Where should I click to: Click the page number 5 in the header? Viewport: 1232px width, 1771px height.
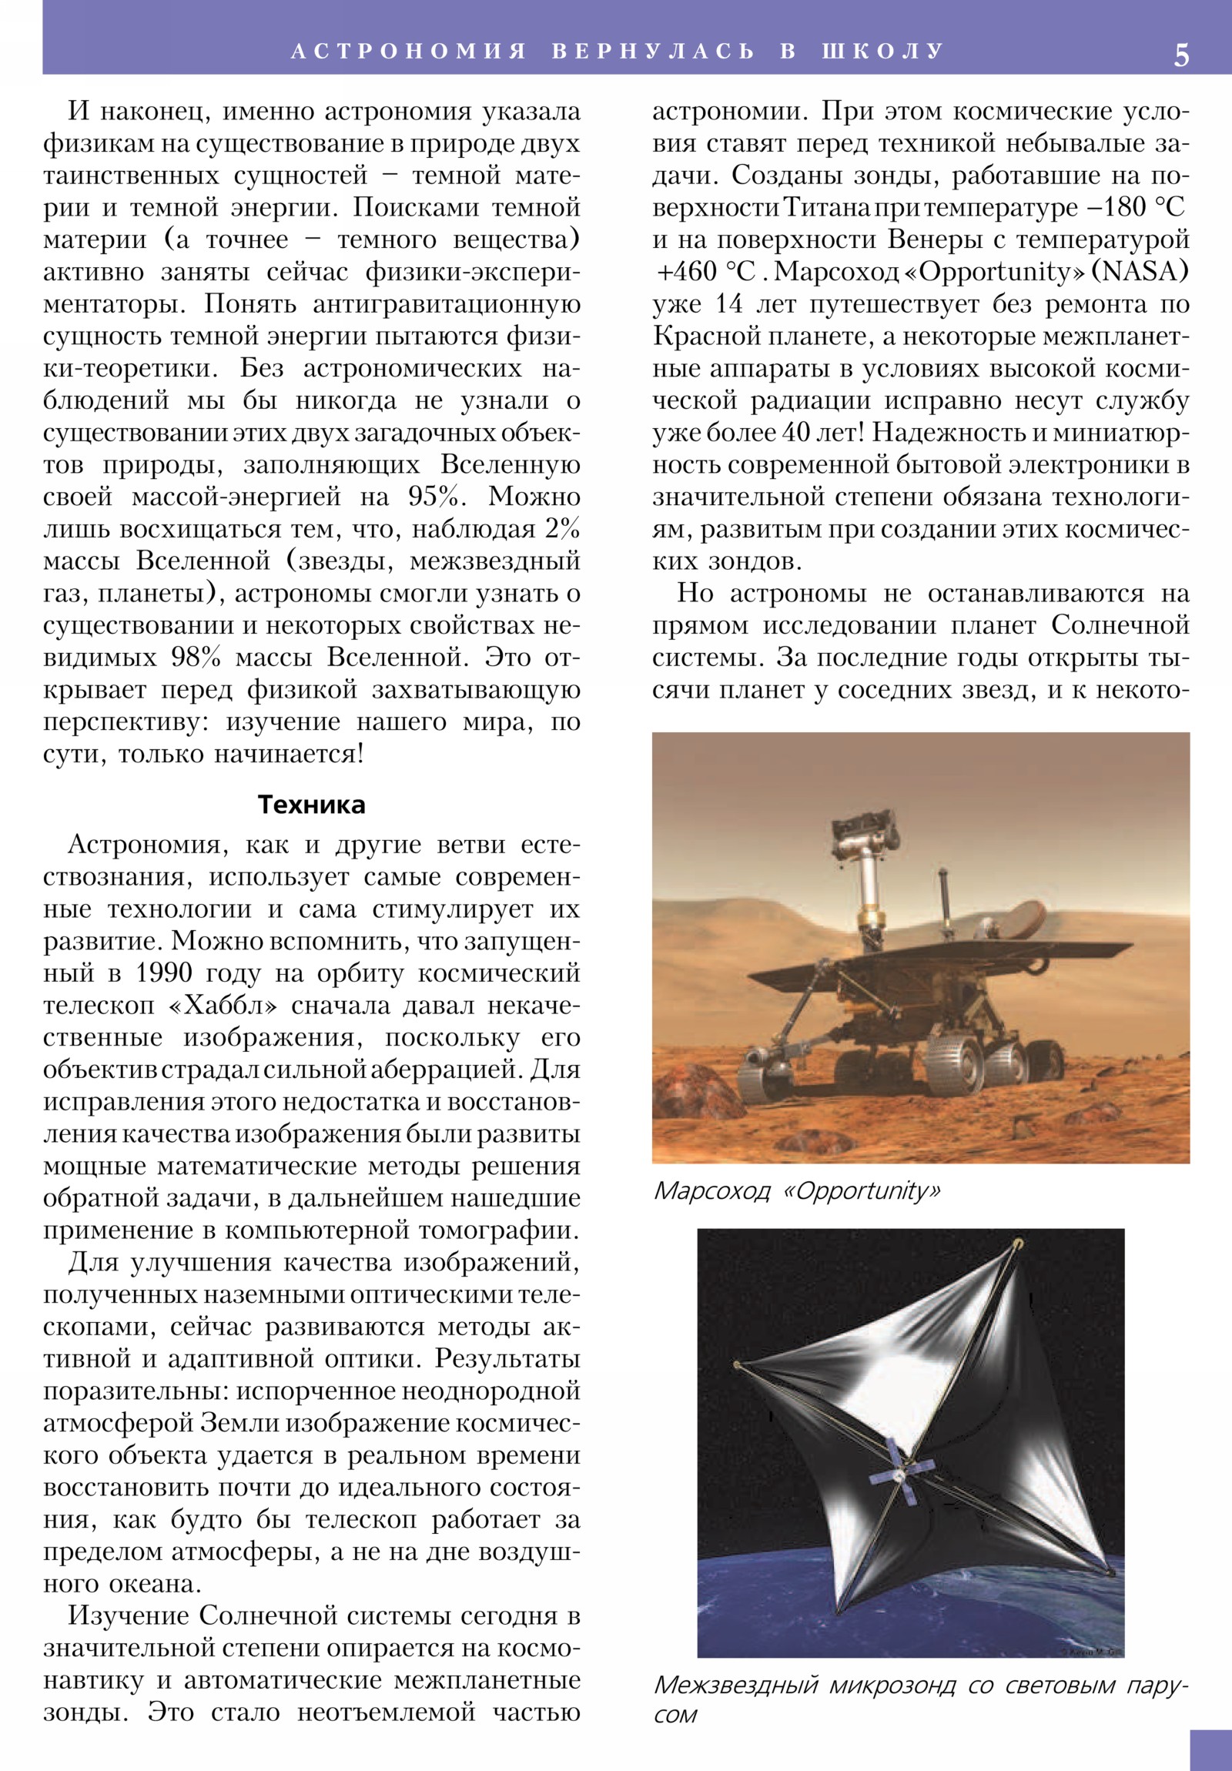click(1181, 55)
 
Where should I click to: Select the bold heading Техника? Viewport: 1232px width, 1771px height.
click(311, 805)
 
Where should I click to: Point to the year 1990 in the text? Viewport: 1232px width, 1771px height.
click(163, 973)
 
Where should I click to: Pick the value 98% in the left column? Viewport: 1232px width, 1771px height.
click(195, 657)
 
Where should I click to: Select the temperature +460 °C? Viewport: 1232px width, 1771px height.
click(705, 273)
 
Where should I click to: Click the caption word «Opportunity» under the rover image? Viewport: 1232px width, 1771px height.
click(862, 1191)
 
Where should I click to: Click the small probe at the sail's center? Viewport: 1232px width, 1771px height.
click(899, 1474)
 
